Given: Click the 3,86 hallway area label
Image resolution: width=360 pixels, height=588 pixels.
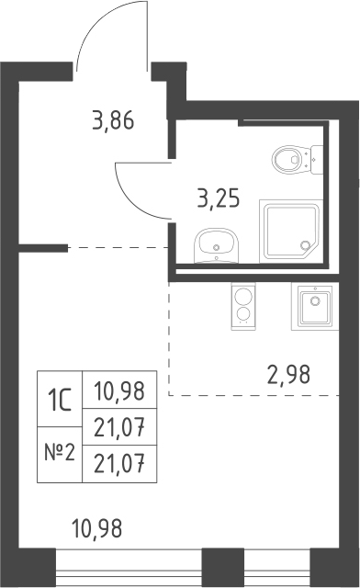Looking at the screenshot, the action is point(113,121).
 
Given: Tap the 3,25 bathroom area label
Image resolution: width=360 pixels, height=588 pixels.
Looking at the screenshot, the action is point(219,198).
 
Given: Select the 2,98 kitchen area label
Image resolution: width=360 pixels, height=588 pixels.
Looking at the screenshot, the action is point(288,375).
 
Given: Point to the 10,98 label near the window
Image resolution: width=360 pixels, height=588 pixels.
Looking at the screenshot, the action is point(96,529).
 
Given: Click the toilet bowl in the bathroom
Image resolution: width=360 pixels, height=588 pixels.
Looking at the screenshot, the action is point(290,159).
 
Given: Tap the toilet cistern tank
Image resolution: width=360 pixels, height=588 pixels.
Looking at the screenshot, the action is point(317,160).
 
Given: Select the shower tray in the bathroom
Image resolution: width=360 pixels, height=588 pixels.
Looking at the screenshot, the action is point(290,232).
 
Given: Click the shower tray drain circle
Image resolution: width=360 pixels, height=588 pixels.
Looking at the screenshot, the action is point(305,245).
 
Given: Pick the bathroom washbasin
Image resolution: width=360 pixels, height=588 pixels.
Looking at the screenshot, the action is point(216,245).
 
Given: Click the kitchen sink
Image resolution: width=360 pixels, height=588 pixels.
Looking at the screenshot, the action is point(315,306).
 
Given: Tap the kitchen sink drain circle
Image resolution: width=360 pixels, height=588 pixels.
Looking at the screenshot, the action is point(315,300).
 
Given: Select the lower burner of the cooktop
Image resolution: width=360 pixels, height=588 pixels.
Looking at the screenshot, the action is point(243,313).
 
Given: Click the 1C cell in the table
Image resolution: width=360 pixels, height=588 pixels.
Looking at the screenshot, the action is point(60,399).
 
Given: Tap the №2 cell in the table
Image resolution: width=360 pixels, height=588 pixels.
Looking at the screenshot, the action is point(60,455).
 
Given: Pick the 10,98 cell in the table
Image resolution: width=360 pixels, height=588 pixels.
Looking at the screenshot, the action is point(119,390).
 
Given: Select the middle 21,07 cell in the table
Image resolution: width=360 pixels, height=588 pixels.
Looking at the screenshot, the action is point(119,427).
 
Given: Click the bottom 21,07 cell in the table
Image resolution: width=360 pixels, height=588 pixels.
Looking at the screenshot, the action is point(119,464).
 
